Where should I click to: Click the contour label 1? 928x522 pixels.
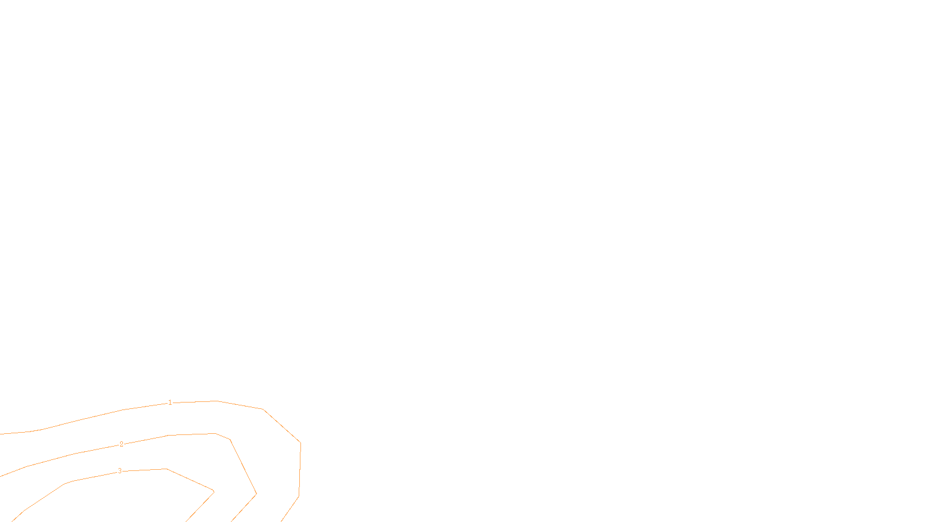click(170, 403)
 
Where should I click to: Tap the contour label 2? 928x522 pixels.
click(121, 444)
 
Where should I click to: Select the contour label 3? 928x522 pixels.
click(120, 471)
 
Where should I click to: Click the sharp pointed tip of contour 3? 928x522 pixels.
click(214, 491)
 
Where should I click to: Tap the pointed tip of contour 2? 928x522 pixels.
click(256, 494)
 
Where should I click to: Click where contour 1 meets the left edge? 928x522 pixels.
click(1, 433)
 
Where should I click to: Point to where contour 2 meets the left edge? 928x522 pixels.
click(1, 476)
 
